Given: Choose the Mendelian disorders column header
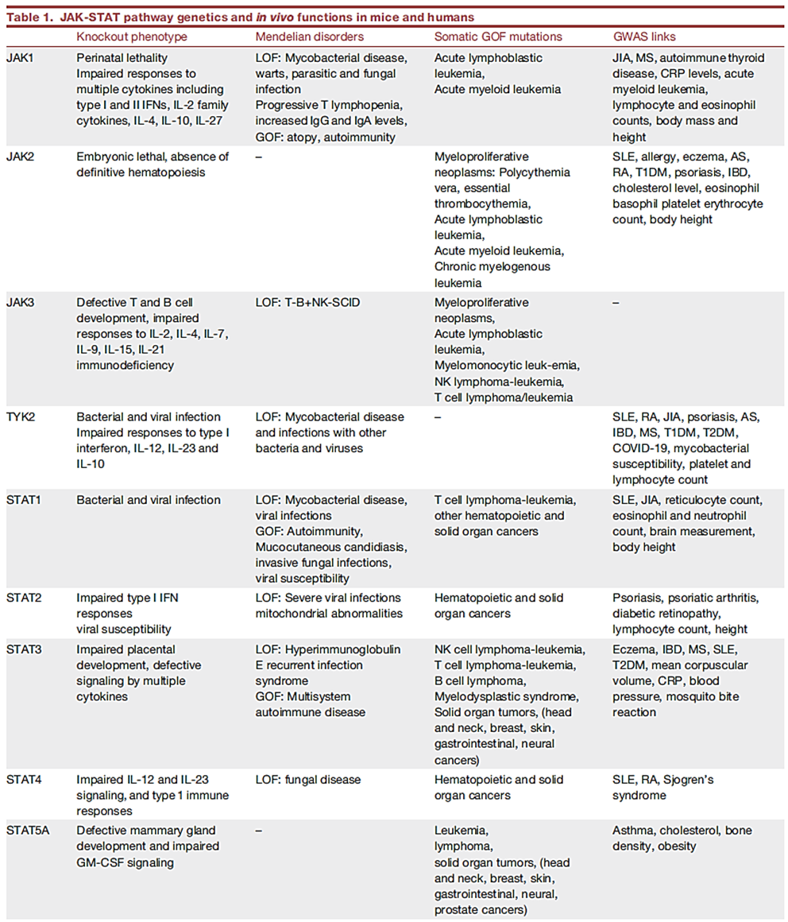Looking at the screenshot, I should [309, 37].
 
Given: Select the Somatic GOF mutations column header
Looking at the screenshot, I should [498, 37].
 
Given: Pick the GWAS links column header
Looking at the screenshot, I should [644, 37].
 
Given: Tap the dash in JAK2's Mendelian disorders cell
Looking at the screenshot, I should [259, 157].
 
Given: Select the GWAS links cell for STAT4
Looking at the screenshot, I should [662, 788].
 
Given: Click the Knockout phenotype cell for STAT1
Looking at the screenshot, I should [149, 500].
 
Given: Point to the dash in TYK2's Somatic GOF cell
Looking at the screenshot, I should [438, 416].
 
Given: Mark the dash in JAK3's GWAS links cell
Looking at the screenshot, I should [616, 303].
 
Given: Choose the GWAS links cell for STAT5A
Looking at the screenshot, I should [682, 839].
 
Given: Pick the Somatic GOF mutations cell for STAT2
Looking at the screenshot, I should [498, 606].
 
